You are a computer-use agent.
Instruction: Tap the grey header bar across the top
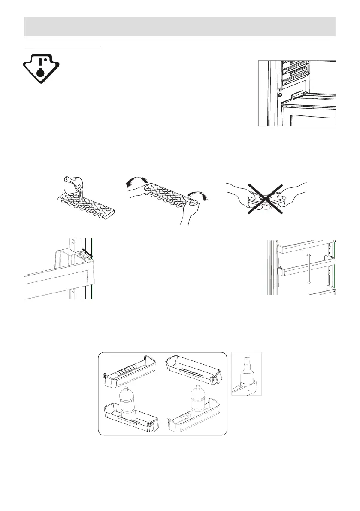pos(180,27)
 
